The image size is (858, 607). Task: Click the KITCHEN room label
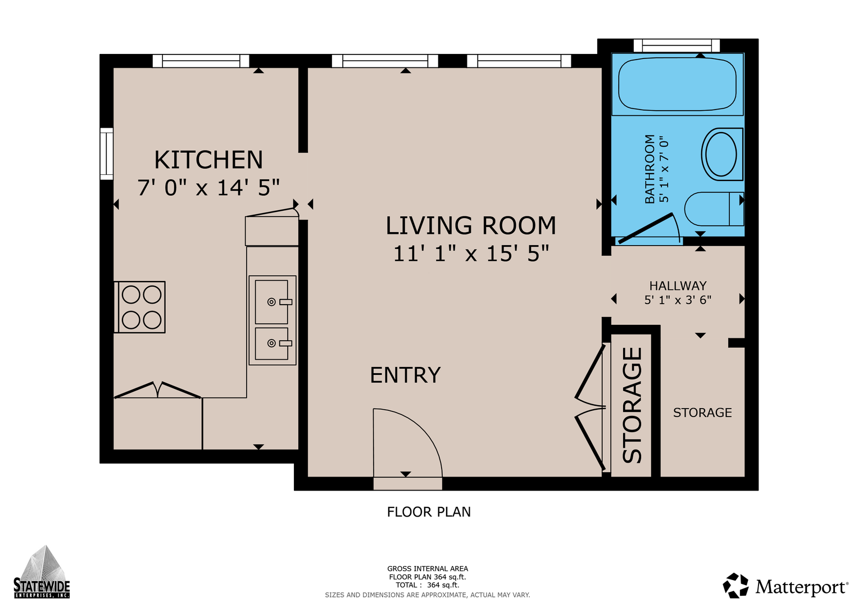(208, 160)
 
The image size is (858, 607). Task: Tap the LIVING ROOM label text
(471, 225)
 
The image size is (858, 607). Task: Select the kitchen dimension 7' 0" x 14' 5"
(208, 188)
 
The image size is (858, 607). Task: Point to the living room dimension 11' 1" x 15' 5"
(471, 253)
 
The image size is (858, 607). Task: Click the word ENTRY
(405, 375)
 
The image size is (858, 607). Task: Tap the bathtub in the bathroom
(677, 84)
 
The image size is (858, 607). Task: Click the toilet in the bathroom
(714, 209)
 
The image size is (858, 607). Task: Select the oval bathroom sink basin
(721, 154)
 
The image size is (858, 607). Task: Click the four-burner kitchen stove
(139, 307)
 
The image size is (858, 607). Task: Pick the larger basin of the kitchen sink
(271, 302)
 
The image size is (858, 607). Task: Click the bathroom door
(646, 228)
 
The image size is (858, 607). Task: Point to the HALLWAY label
(678, 286)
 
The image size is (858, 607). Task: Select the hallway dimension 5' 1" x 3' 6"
(678, 300)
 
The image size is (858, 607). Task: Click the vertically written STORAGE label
(632, 405)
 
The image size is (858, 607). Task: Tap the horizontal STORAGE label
(702, 413)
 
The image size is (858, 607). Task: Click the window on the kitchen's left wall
(107, 153)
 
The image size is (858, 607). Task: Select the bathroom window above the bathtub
(677, 46)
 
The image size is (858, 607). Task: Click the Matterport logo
(785, 586)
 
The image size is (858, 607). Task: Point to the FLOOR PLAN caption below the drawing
(429, 512)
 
